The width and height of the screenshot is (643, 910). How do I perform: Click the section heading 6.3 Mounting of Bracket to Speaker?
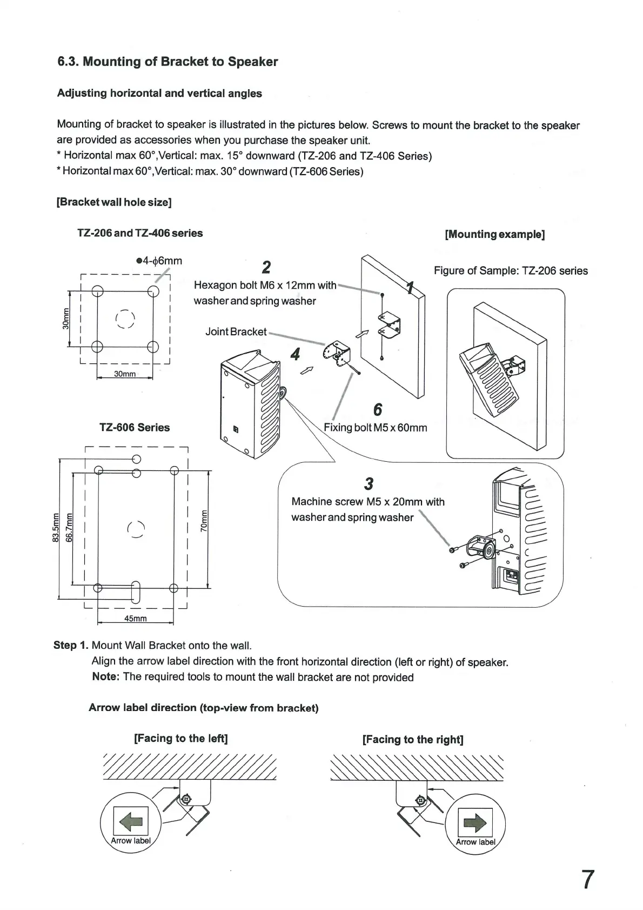coord(168,62)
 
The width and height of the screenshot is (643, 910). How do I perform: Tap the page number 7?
coord(587,880)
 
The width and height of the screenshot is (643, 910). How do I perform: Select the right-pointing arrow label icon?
coord(475,823)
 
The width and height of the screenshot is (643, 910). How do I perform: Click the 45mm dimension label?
coord(135,619)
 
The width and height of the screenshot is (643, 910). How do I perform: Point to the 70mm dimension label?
coord(204,521)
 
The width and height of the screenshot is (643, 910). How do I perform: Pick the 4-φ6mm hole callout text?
coord(159,261)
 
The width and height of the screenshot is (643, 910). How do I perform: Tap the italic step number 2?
coord(266,267)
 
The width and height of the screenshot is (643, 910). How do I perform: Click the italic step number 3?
coord(369,483)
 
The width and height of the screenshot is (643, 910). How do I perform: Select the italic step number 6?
coord(378,409)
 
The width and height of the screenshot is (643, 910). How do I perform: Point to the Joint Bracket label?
coord(236,331)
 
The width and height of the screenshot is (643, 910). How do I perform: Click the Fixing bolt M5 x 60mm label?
coord(375,428)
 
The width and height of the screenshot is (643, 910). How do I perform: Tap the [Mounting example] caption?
coord(494,234)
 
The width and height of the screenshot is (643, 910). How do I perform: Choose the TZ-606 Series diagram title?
coord(135,427)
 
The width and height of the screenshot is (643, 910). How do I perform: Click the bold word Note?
coord(105,677)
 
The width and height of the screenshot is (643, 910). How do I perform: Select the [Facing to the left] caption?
coord(180,738)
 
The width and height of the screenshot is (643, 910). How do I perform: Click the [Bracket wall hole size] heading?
coord(114,202)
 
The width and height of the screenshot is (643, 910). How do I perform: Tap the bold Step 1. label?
coord(71,645)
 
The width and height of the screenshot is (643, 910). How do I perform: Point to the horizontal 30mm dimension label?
coord(124,374)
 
